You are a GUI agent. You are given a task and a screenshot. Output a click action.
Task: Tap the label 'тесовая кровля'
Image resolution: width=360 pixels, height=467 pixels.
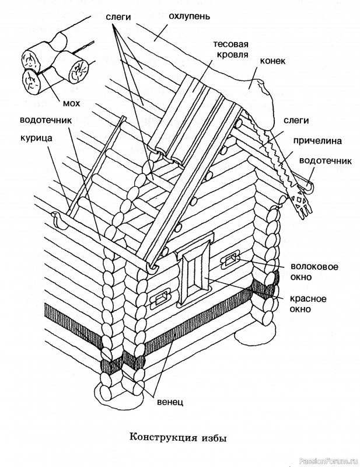231,50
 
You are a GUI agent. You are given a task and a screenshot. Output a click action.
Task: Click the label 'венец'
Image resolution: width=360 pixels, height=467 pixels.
170,402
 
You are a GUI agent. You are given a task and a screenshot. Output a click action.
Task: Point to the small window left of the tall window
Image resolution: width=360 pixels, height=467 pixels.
159,300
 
